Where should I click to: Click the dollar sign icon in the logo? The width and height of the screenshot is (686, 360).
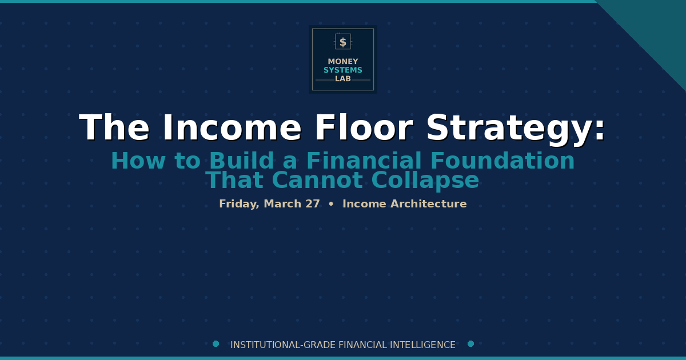pos(343,42)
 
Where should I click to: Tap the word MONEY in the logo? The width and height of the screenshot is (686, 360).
pos(343,62)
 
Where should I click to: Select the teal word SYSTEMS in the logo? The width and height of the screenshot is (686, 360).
pos(343,70)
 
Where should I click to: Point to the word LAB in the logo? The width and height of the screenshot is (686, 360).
pos(343,79)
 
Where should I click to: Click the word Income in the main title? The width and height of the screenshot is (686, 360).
pos(232,128)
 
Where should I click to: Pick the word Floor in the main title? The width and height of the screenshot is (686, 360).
pos(364,128)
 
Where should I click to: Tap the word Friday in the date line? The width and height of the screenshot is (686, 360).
pos(239,204)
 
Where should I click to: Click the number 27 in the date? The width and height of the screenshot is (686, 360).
pos(312,204)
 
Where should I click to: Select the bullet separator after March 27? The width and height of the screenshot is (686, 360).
pos(331,204)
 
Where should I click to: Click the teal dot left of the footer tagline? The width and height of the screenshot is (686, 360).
pos(216,344)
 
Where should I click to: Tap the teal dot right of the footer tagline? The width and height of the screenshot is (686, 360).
pos(470,344)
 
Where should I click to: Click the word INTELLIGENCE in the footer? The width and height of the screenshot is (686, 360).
pos(422,345)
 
